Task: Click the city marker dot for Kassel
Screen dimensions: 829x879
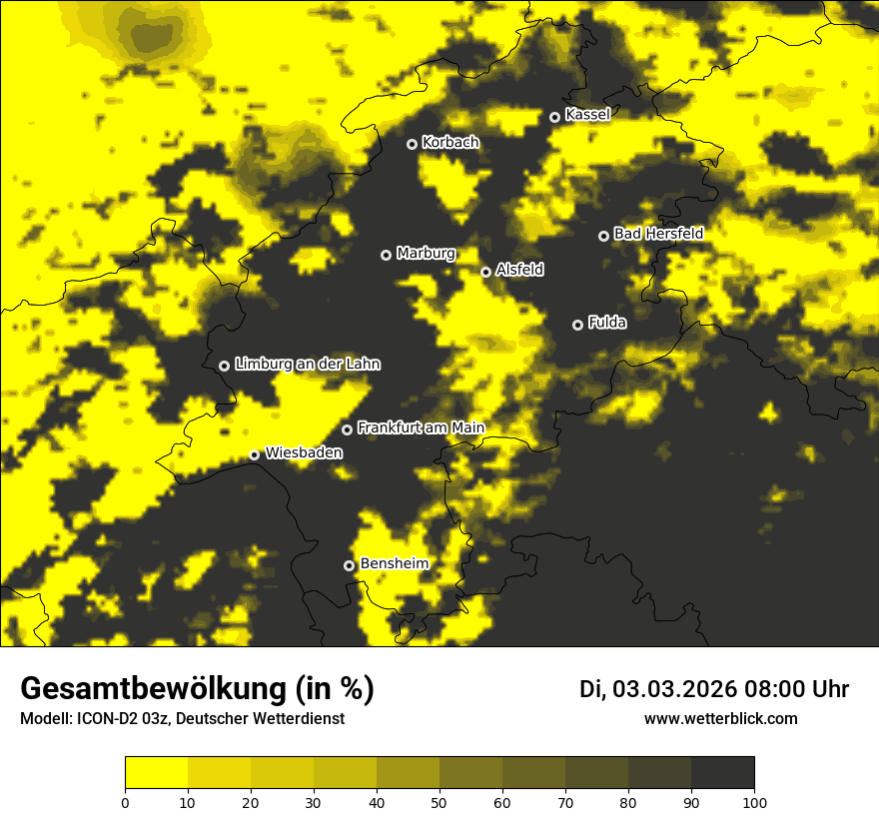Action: pos(555,117)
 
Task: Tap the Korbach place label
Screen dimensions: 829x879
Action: pos(450,143)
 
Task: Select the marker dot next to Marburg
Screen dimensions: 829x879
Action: pos(386,255)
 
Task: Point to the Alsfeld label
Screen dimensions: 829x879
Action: pos(520,270)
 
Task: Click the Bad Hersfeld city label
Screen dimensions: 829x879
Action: pos(658,234)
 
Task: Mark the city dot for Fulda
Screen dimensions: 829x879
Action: pos(577,325)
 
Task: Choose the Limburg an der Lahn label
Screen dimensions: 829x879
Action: pos(308,365)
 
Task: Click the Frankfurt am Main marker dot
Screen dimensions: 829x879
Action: pos(348,429)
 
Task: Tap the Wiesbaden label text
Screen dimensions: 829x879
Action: pos(304,453)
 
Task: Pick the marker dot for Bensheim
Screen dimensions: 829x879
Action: pos(350,565)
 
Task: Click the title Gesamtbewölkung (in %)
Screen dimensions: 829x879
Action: pos(197,689)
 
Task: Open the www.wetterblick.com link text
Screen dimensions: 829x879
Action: pos(720,719)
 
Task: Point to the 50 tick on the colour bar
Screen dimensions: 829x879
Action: pos(439,802)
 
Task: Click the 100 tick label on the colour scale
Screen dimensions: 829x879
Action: pos(754,802)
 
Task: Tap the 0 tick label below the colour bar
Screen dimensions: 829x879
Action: pos(125,802)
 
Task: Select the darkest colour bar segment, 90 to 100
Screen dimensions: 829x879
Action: pos(722,773)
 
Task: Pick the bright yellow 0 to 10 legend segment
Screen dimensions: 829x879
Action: pos(156,773)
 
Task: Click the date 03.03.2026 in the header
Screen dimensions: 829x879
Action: pos(675,689)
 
